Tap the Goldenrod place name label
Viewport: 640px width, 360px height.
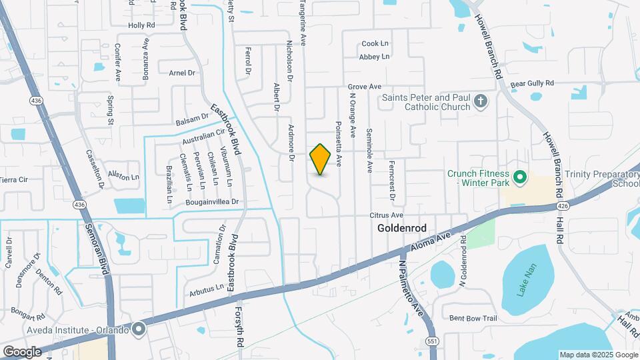click(401, 228)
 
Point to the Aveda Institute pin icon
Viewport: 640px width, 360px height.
click(139, 328)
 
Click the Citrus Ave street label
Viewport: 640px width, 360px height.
click(387, 215)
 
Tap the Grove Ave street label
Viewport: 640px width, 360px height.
click(364, 87)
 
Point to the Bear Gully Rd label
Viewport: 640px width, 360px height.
click(532, 83)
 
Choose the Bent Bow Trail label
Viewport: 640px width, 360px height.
click(473, 318)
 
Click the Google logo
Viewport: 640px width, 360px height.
click(22, 351)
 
